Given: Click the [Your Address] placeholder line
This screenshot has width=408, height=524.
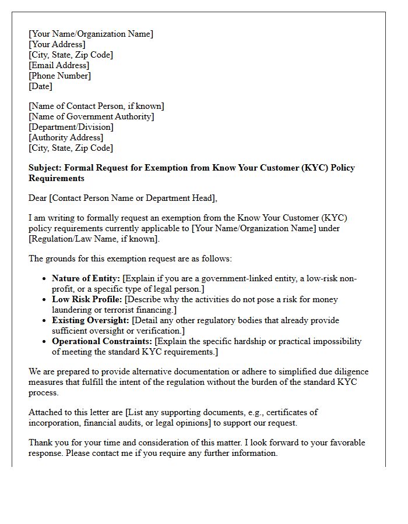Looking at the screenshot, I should pos(57,44).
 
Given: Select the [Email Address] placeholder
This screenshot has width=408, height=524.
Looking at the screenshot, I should pos(59,65).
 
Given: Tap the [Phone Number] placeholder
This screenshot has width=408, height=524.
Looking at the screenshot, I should pos(59,76).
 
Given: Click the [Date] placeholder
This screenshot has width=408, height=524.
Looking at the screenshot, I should pos(40,86).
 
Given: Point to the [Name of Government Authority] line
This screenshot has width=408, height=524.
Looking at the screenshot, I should pos(92,116).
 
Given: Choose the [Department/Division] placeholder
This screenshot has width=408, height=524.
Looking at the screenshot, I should pos(71,127).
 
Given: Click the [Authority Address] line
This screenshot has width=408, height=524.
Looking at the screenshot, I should pos(66,137).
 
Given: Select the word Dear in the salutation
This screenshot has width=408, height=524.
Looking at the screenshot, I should pos(38,198).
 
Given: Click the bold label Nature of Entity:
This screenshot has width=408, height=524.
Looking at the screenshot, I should pos(86,278).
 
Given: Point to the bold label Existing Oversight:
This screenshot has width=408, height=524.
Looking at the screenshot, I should pos(91,320).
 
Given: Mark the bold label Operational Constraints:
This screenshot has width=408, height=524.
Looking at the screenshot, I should pos(102,341).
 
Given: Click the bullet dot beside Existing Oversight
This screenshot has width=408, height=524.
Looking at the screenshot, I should pos(44,321).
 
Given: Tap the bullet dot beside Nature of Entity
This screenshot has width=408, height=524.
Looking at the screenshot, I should pos(44,279).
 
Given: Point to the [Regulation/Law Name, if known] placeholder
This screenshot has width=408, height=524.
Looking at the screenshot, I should pos(94,239).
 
